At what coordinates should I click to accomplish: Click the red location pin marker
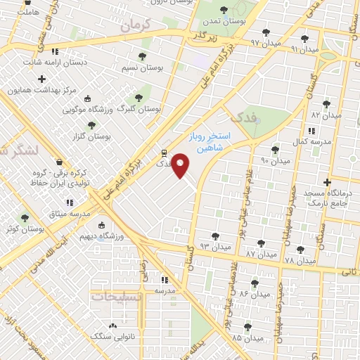click(x=181, y=165)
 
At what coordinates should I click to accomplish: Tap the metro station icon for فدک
click(x=164, y=151)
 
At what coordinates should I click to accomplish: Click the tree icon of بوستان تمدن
click(x=224, y=10)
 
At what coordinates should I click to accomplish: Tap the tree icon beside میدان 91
click(x=304, y=39)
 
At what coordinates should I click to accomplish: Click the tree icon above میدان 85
click(x=247, y=328)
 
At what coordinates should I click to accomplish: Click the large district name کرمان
click(x=136, y=25)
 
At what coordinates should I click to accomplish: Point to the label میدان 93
click(x=214, y=247)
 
